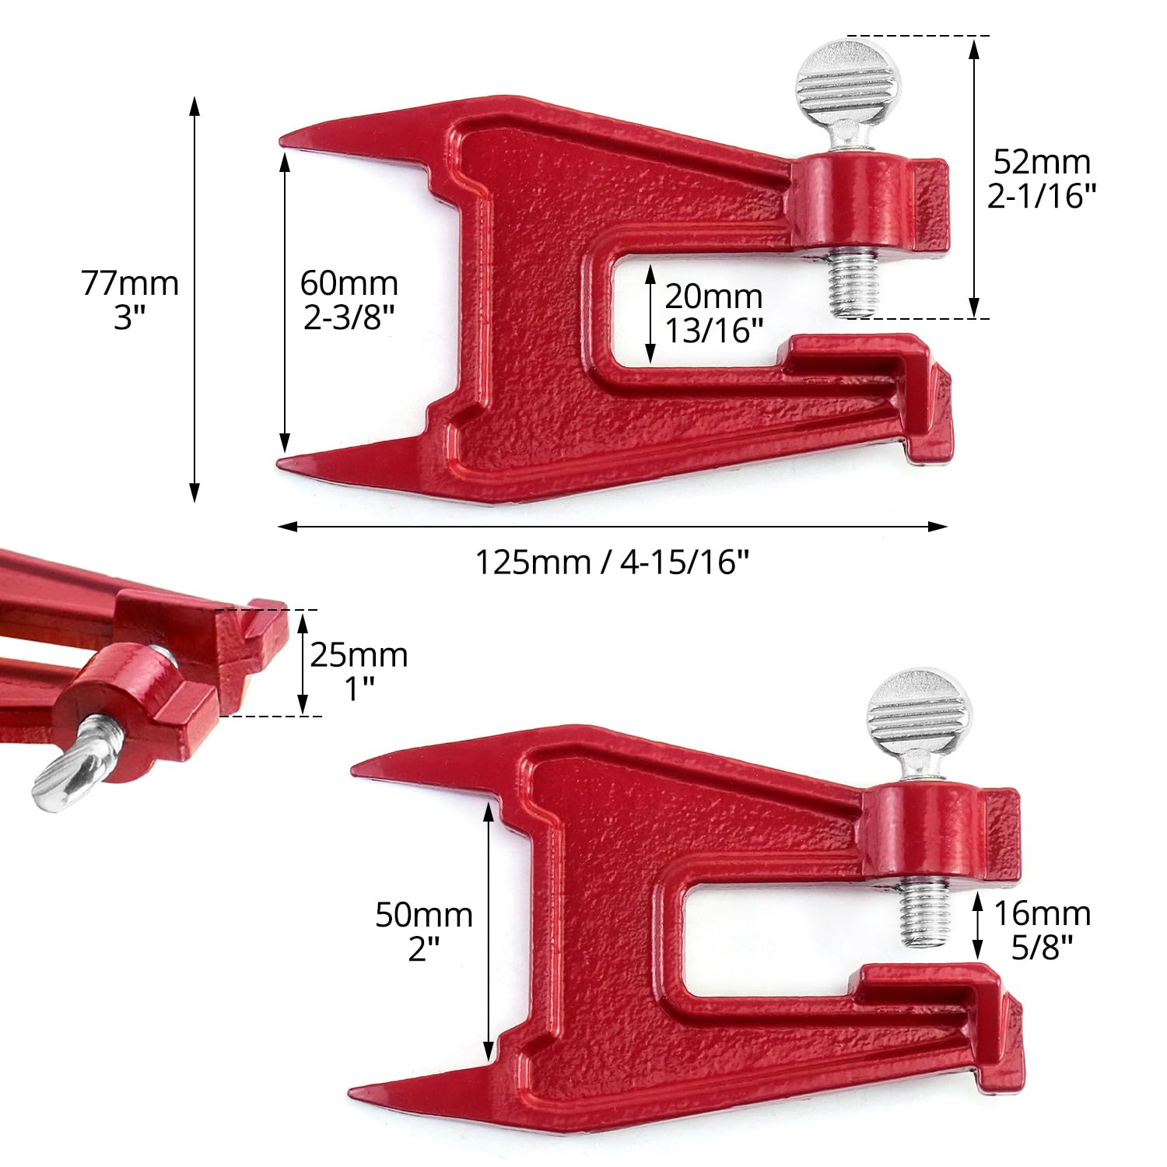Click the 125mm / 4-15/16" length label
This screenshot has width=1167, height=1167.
(x=612, y=562)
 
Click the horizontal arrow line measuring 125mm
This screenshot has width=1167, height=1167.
(x=612, y=527)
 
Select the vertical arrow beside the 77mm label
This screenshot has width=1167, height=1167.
(x=194, y=300)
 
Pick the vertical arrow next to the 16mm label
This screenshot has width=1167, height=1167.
(x=979, y=926)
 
